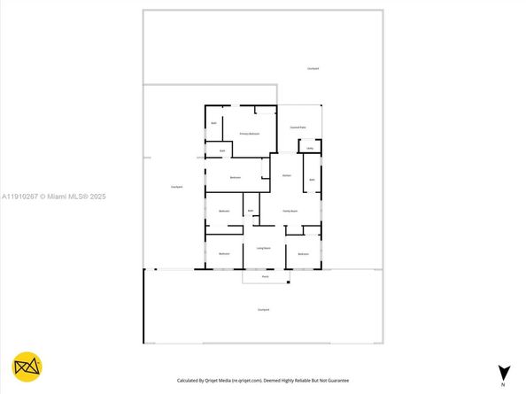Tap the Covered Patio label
click(298, 127)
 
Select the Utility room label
click(310, 148)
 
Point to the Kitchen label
click(287, 176)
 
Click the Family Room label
click(290, 211)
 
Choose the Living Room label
click(263, 249)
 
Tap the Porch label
click(264, 277)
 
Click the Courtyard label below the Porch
click(263, 309)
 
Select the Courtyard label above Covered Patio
click(313, 68)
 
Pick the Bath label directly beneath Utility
click(312, 180)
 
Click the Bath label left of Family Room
click(251, 211)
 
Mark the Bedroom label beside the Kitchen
click(236, 178)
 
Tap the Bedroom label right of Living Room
click(303, 254)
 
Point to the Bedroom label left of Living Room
click(225, 254)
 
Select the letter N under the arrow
click(504, 386)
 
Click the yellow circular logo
click(28, 367)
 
